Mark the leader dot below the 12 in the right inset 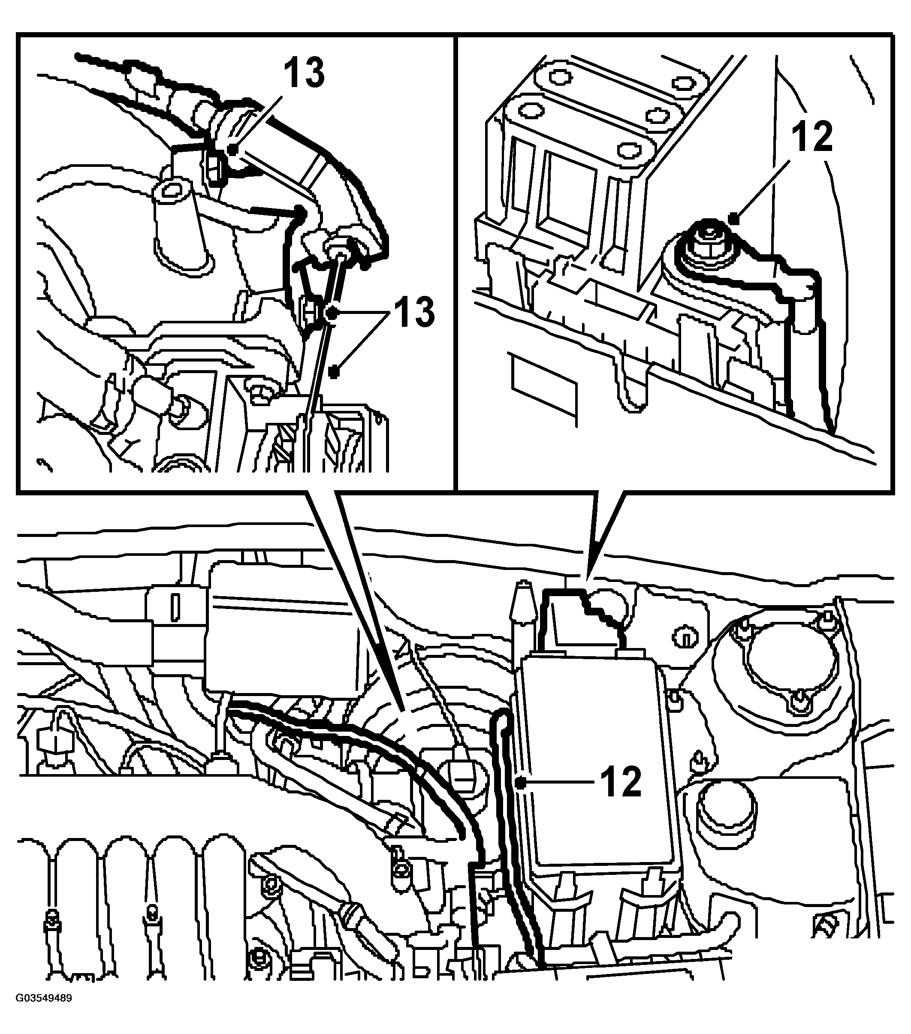tap(734, 219)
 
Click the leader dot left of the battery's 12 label tap(521, 783)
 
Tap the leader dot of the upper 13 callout tap(232, 150)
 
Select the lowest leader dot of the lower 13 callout tap(333, 372)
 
